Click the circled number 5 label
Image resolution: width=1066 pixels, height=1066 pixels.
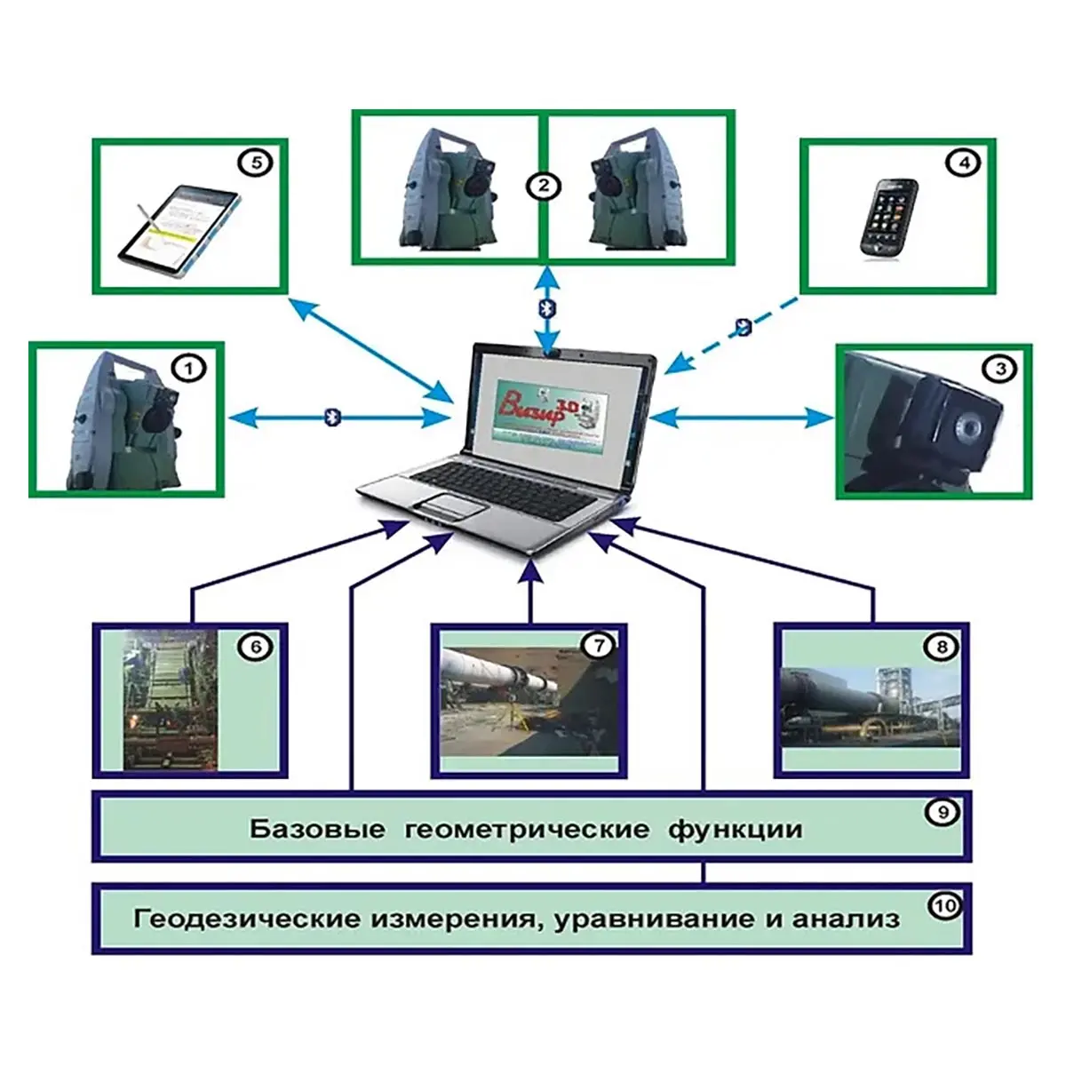click(x=256, y=163)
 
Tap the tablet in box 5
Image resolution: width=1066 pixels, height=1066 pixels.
click(x=181, y=226)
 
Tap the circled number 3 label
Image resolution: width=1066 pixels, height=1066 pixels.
click(x=1000, y=368)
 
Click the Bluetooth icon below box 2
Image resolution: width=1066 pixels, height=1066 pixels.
click(x=548, y=307)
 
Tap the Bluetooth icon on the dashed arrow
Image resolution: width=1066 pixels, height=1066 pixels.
click(x=744, y=328)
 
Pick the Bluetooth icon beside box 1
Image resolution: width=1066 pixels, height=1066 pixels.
click(x=332, y=417)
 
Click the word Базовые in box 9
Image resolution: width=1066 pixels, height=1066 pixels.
click(x=317, y=830)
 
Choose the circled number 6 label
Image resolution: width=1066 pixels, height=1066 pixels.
click(x=256, y=647)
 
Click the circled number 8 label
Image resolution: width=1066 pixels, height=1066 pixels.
click(x=943, y=646)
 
